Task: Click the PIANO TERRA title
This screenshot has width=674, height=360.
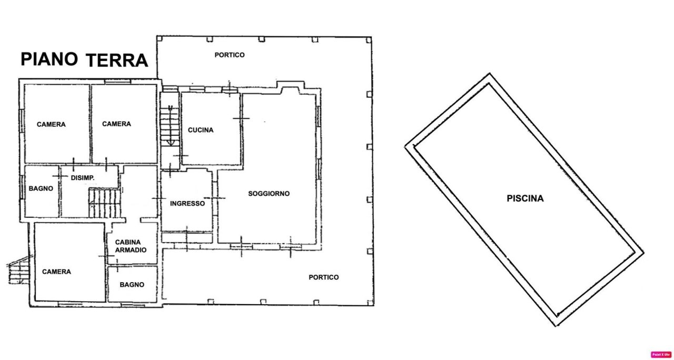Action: pyautogui.click(x=84, y=59)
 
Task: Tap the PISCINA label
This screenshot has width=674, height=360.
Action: pyautogui.click(x=525, y=198)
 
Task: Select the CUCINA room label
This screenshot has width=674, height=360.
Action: pyautogui.click(x=201, y=130)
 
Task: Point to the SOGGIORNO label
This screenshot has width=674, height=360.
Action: pyautogui.click(x=269, y=193)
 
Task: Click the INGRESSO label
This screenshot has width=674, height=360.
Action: pyautogui.click(x=187, y=203)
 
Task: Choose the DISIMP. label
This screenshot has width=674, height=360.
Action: pyautogui.click(x=83, y=178)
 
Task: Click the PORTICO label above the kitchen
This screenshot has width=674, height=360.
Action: pyautogui.click(x=230, y=55)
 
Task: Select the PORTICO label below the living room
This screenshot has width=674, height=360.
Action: pyautogui.click(x=324, y=277)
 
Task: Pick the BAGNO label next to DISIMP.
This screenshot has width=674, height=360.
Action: pyautogui.click(x=41, y=188)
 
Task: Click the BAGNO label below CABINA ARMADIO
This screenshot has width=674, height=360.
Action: pyautogui.click(x=132, y=285)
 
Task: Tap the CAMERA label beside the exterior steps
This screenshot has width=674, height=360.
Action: pyautogui.click(x=56, y=272)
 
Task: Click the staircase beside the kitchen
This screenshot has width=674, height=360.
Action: pyautogui.click(x=170, y=126)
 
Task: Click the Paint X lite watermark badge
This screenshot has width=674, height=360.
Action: pyautogui.click(x=661, y=355)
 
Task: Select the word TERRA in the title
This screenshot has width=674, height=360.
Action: pyautogui.click(x=117, y=61)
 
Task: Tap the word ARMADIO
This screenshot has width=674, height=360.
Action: pyautogui.click(x=131, y=250)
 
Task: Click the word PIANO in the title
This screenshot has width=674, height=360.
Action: pyautogui.click(x=49, y=59)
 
